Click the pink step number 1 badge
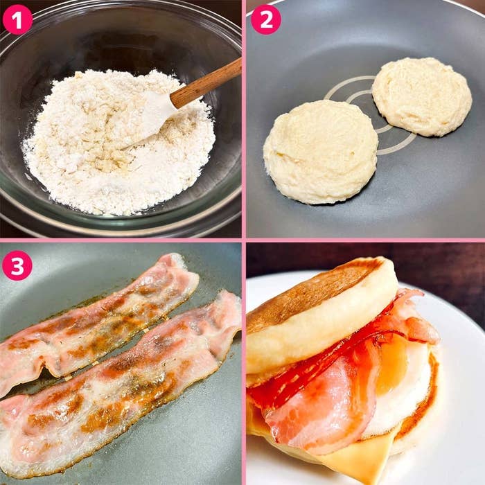(17, 20)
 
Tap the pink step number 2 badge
(266, 20)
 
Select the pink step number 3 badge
(17, 265)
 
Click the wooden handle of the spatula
(206, 83)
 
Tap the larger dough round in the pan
(321, 152)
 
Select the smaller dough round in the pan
(422, 96)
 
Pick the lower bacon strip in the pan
(121, 384)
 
